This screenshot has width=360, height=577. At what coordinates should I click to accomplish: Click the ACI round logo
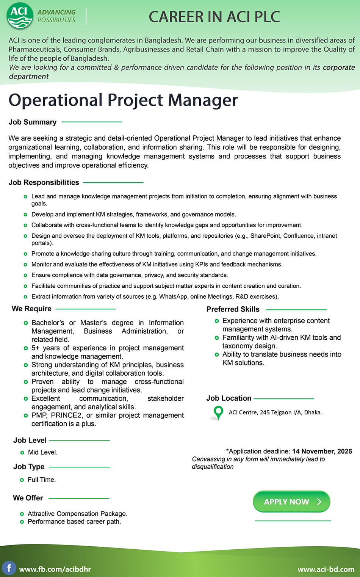[x=20, y=16]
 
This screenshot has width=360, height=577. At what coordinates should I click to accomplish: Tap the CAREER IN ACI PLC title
[x=214, y=17]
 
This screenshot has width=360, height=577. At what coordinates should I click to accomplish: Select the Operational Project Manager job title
[x=123, y=100]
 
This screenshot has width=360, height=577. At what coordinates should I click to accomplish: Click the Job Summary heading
[x=33, y=122]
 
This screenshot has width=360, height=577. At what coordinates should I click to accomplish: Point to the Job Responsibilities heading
[x=44, y=182]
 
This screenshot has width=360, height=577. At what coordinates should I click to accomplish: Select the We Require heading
[x=31, y=309]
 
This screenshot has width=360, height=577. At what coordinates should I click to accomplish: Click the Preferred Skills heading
[x=233, y=309]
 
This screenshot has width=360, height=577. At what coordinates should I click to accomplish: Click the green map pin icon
[x=218, y=412]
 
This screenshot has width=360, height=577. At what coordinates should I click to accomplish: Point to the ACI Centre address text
[x=275, y=412]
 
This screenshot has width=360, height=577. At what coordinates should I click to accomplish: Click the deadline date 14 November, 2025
[x=322, y=451]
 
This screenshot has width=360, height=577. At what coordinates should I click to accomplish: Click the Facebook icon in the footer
[x=9, y=568]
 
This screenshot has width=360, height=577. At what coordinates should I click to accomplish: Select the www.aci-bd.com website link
[x=326, y=569]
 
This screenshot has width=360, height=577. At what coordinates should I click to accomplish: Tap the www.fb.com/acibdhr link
[x=55, y=569]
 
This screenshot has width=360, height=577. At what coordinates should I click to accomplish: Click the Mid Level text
[x=42, y=452]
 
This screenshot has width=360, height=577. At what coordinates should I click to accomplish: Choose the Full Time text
[x=41, y=480]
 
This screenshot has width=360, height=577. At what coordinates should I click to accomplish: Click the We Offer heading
[x=28, y=498]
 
